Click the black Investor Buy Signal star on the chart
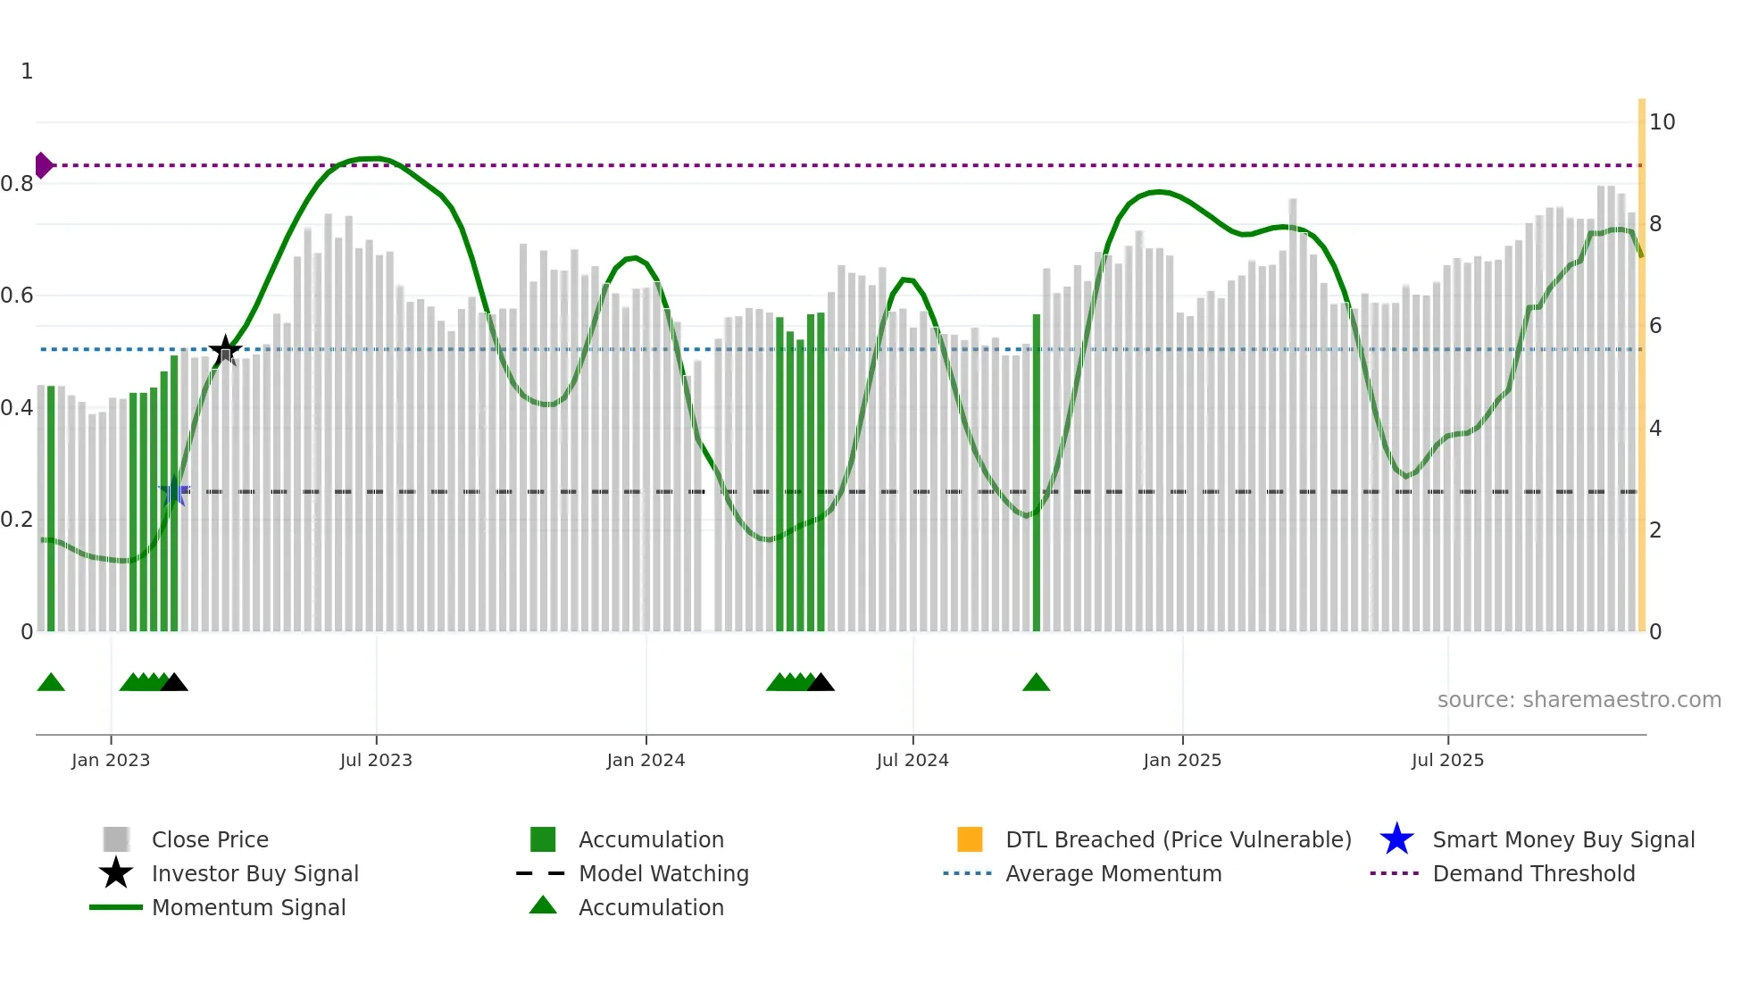[225, 350]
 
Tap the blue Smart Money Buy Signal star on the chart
[174, 491]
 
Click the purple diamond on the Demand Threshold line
[43, 165]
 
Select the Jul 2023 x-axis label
[376, 760]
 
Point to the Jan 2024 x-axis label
[646, 760]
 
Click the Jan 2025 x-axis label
[1182, 760]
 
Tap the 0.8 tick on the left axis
[17, 184]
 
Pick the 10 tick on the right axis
[1662, 121]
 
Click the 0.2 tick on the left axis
[17, 520]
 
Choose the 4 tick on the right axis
[1655, 428]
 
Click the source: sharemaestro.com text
[1579, 699]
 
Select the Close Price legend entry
[210, 839]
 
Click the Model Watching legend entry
[663, 873]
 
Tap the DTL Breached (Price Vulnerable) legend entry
[1178, 839]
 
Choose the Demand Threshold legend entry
[1533, 873]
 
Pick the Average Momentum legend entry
[1113, 873]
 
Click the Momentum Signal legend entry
[248, 907]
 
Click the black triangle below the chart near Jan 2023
[174, 683]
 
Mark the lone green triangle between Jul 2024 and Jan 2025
[1036, 683]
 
